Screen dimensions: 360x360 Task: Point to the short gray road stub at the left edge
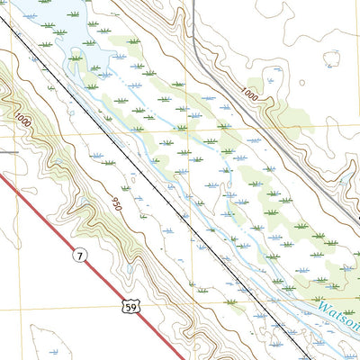[7, 152]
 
